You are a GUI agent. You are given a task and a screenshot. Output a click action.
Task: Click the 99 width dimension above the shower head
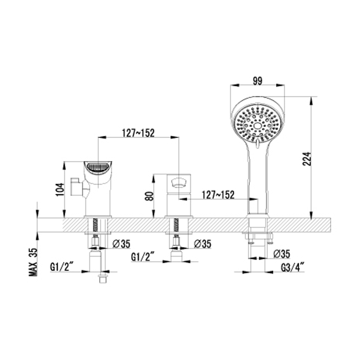point(257,81)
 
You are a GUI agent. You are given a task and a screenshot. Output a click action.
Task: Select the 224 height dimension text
point(307,159)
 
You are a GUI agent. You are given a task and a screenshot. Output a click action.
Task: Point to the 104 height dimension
point(59,189)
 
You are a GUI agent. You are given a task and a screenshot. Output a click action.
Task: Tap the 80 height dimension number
point(150,196)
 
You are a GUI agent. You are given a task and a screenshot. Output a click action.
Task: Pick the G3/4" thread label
point(293,267)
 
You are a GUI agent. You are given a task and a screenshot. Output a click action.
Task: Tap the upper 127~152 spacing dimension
point(138,133)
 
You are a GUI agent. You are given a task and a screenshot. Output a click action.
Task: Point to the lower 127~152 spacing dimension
point(218,195)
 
